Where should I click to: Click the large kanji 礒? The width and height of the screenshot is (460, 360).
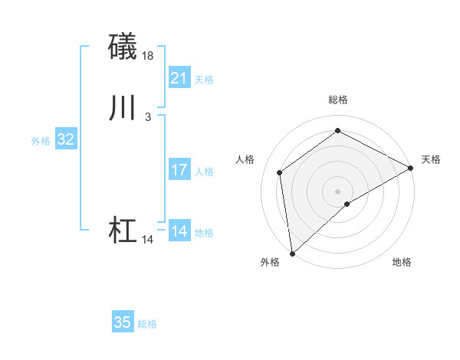[123, 47]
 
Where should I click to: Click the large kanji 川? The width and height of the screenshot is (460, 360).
[123, 110]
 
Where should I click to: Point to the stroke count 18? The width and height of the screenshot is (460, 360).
[148, 56]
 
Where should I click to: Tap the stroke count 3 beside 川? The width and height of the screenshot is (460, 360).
[148, 117]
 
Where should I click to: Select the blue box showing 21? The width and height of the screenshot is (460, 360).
[179, 78]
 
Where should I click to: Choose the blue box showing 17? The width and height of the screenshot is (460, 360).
[179, 170]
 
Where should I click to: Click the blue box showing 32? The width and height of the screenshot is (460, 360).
[66, 139]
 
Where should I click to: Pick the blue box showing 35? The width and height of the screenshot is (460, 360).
[123, 322]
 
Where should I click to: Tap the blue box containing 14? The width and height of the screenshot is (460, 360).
[179, 231]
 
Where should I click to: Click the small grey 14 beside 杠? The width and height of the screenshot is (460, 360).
[148, 240]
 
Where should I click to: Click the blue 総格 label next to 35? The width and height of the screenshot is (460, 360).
[147, 324]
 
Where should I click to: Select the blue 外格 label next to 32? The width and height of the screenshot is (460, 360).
[41, 141]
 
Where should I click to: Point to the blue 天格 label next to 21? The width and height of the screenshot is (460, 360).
[204, 80]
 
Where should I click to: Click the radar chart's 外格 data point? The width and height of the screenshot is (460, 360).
[292, 253]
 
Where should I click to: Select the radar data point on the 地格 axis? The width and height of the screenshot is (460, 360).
[347, 204]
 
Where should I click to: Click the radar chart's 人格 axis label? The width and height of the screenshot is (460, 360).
[245, 159]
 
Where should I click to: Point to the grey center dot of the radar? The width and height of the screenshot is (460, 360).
[338, 191]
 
